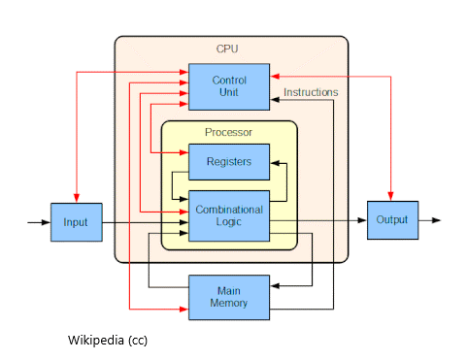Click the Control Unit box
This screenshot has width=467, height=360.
click(228, 85)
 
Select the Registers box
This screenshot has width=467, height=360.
click(228, 161)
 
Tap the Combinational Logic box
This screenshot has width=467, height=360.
click(228, 215)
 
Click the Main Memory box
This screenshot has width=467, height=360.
click(228, 296)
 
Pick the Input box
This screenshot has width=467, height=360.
click(76, 222)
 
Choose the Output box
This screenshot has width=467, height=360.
click(392, 220)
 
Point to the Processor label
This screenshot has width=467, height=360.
click(228, 132)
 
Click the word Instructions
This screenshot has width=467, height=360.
click(311, 92)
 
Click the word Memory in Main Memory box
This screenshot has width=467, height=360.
click(228, 303)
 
